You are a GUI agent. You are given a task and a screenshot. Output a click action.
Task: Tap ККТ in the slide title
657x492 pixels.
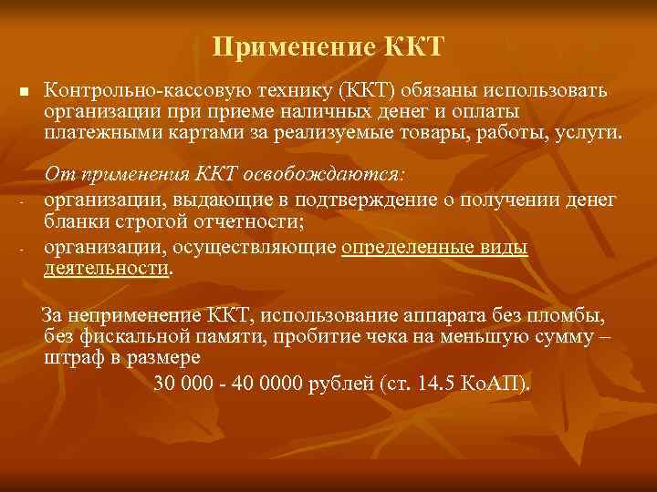(x=411, y=46)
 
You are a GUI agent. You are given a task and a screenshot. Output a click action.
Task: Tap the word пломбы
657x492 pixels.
(x=573, y=316)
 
